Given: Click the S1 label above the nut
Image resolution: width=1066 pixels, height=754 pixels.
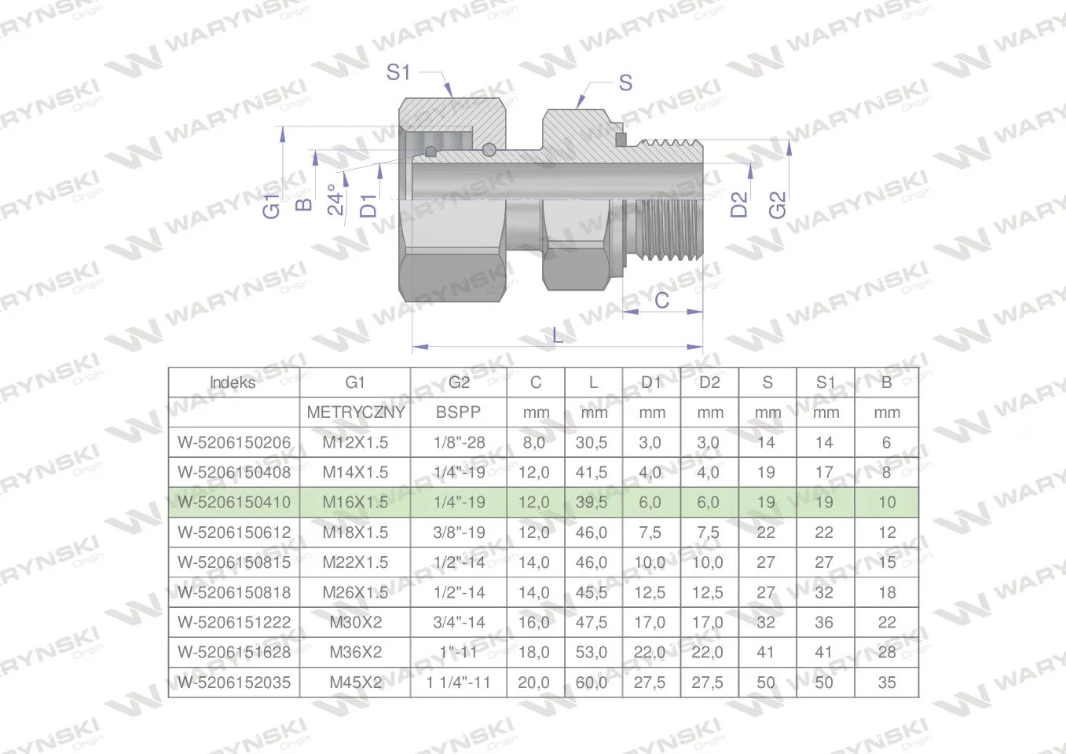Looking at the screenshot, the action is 397,72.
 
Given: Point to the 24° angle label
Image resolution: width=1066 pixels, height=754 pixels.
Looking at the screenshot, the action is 335,199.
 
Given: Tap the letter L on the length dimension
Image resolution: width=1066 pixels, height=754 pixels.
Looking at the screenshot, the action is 558,336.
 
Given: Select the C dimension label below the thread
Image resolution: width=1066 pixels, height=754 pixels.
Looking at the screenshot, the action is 662,300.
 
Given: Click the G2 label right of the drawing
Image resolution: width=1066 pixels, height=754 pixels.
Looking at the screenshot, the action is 778,204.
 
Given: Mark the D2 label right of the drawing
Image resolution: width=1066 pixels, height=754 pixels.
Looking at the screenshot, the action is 738,204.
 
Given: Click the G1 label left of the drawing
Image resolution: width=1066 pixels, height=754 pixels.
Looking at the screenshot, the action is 272,207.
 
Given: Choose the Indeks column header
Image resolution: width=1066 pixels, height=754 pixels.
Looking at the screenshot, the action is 233,382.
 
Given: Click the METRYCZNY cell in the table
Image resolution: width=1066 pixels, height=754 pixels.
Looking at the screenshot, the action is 356,412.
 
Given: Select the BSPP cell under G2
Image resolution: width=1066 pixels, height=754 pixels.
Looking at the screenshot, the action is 458,412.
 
